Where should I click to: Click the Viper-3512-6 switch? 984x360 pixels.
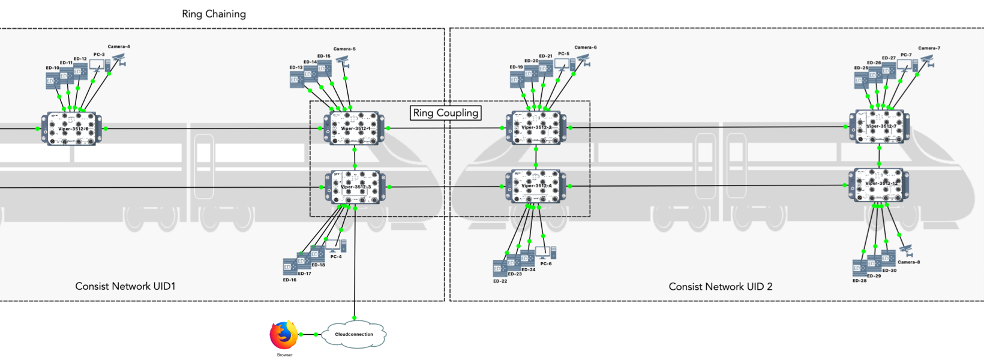point(71,128)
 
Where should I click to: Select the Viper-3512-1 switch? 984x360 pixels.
point(355,128)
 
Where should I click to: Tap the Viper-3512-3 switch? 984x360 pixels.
point(356,187)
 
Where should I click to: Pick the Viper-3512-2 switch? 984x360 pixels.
point(536,127)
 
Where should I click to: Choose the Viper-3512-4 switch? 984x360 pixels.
point(536,186)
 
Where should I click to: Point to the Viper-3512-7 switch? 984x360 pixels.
point(879,127)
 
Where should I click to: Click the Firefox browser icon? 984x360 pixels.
point(284,335)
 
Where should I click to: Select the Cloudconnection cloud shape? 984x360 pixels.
point(354,334)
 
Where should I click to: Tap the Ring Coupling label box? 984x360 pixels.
point(446,113)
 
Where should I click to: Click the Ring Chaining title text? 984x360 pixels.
point(214,14)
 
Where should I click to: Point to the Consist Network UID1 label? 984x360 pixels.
point(125,286)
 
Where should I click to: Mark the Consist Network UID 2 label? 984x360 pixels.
point(721,287)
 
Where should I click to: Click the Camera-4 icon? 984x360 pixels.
point(119,59)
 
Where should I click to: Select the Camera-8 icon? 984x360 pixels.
point(906,250)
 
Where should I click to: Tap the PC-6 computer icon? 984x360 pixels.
point(546,252)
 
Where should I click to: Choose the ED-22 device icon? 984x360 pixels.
point(500,268)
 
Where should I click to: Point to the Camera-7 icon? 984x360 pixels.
point(928,60)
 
